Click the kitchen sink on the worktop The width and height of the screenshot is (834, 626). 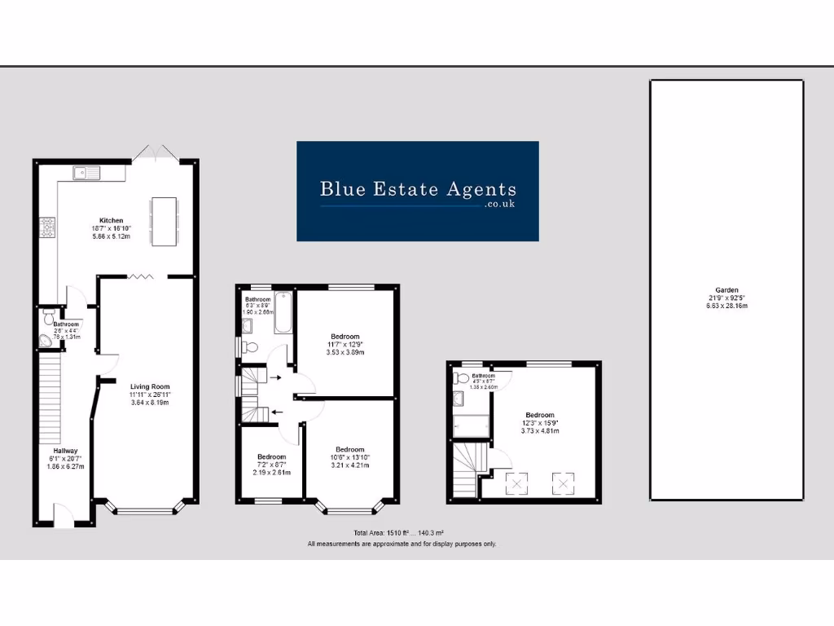click(x=85, y=172)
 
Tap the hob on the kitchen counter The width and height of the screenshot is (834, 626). click(x=47, y=227)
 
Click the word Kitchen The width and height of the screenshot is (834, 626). click(x=112, y=221)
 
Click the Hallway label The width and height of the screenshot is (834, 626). click(x=66, y=451)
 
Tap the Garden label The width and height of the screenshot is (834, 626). click(x=727, y=290)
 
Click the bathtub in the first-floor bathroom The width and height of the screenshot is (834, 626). click(x=283, y=313)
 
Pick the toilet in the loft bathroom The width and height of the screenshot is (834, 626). click(x=461, y=378)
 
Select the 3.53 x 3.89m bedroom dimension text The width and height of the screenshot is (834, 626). click(x=345, y=352)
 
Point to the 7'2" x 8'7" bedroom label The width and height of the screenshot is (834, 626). click(x=271, y=465)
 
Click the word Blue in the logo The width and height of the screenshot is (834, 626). click(x=340, y=189)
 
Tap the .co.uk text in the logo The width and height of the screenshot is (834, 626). click(x=500, y=205)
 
